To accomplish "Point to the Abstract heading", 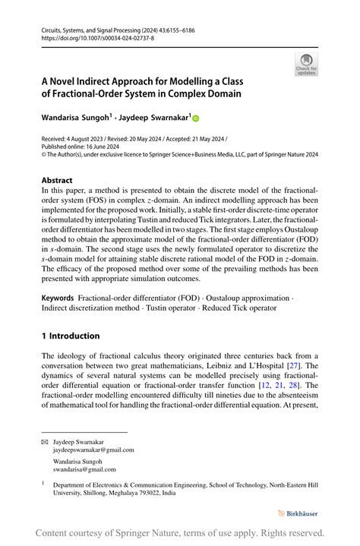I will (x=57, y=181).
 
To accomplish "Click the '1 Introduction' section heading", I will (x=70, y=336).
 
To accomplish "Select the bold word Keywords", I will (x=58, y=298).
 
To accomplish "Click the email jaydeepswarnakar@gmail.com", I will (x=93, y=449).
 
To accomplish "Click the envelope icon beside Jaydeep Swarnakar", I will (x=44, y=440).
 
